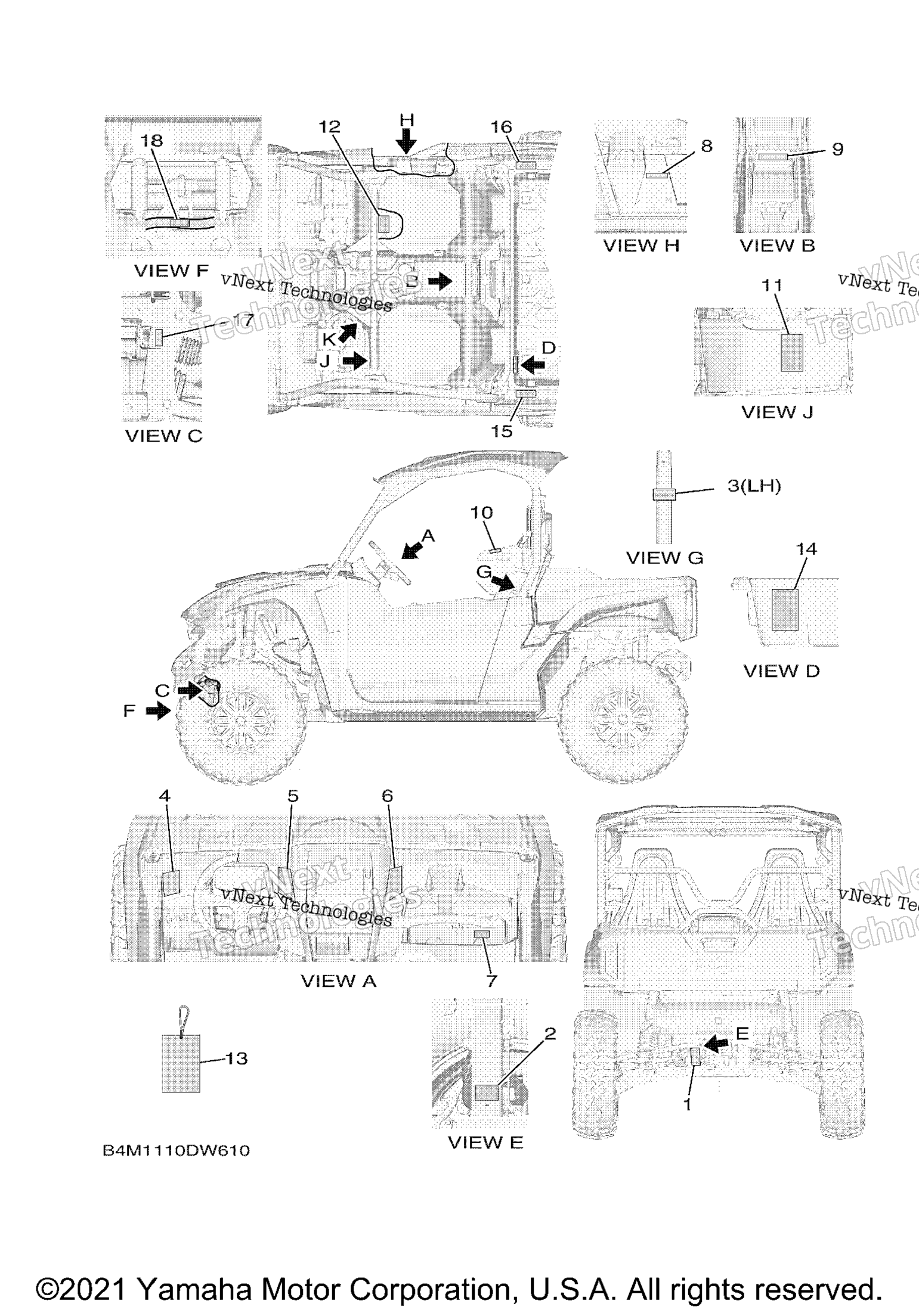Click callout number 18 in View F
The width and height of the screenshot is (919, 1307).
(152, 141)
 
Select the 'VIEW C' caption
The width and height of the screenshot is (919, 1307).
(164, 436)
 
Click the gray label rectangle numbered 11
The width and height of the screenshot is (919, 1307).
(792, 353)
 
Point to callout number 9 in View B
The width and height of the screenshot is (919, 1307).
(837, 149)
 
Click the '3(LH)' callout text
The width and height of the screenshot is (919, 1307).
(754, 486)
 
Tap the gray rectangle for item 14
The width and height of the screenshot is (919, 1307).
(785, 610)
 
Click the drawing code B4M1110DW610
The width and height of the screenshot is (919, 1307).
(177, 1150)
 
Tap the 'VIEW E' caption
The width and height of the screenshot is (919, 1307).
(485, 1143)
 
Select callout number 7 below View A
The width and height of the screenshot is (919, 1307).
(491, 980)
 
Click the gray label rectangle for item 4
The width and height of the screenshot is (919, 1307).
(171, 883)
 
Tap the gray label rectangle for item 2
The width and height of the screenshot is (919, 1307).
(487, 1092)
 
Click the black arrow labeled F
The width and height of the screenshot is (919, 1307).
(158, 710)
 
